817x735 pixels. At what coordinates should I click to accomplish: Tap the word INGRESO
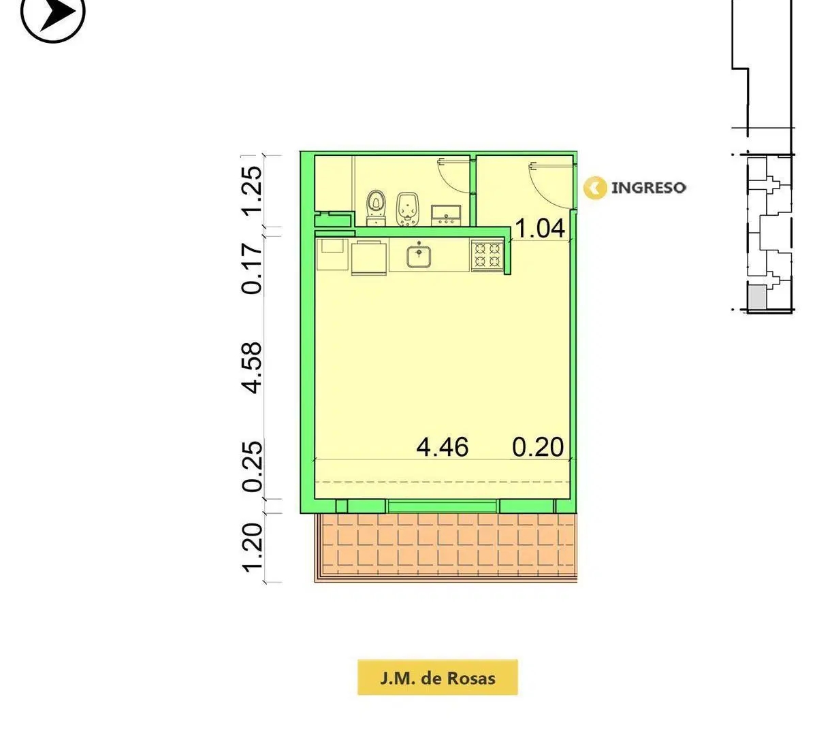click(x=648, y=188)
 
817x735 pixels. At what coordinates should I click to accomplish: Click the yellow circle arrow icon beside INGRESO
click(x=595, y=188)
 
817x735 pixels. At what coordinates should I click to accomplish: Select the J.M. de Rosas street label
click(x=437, y=679)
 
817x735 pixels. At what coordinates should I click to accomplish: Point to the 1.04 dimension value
click(x=540, y=228)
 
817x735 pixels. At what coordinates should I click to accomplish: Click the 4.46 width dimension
click(x=443, y=447)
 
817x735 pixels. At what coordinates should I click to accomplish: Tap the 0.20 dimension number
click(x=538, y=447)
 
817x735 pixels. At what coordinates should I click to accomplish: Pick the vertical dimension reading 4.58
click(x=251, y=367)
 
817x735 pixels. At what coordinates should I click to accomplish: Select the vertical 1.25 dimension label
click(x=251, y=191)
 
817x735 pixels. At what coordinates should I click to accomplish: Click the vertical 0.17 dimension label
click(x=251, y=269)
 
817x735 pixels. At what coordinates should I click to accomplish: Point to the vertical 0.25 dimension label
click(x=251, y=467)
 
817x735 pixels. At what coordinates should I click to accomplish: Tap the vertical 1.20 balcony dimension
click(x=251, y=548)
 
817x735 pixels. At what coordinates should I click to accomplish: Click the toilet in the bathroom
click(x=376, y=208)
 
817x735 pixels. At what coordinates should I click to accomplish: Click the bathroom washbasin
click(x=446, y=215)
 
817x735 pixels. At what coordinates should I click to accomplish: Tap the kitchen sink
click(x=419, y=256)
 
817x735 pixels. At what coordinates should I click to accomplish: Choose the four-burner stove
click(x=487, y=255)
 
